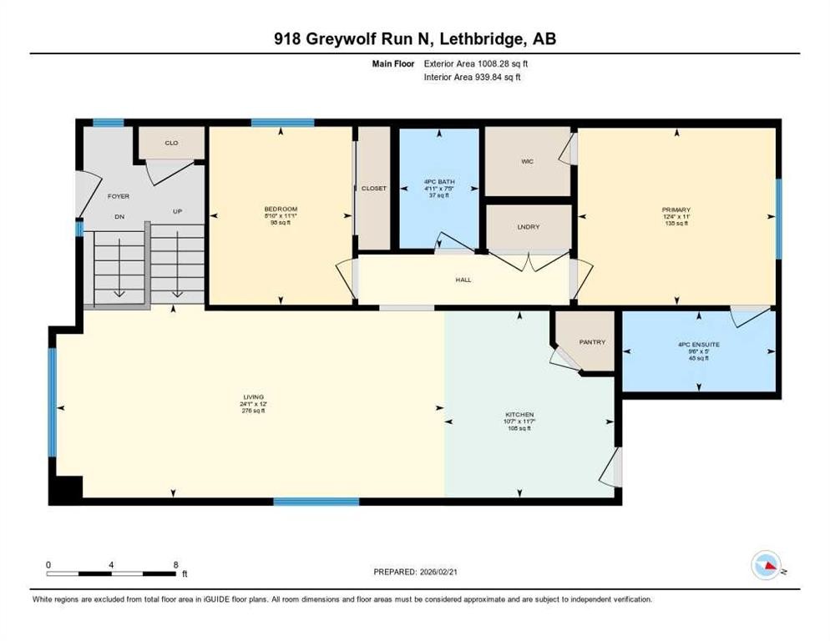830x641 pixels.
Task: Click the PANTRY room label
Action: click(x=591, y=342)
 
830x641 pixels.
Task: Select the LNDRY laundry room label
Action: click(x=529, y=227)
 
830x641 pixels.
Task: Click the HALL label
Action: click(x=464, y=280)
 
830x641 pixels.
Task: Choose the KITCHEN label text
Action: click(x=519, y=415)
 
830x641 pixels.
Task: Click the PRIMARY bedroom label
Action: click(x=677, y=210)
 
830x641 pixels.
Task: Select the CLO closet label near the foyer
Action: click(x=171, y=143)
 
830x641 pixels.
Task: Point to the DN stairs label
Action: click(x=119, y=212)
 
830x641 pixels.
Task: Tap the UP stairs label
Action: click(x=177, y=212)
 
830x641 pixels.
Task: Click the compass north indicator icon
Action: click(x=767, y=565)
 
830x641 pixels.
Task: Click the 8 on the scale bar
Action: click(x=175, y=564)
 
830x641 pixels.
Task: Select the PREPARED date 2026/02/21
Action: click(x=418, y=572)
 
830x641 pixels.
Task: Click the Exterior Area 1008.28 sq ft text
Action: click(x=477, y=63)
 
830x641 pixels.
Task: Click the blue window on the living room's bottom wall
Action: click(x=316, y=502)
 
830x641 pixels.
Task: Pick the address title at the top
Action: click(x=415, y=38)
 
